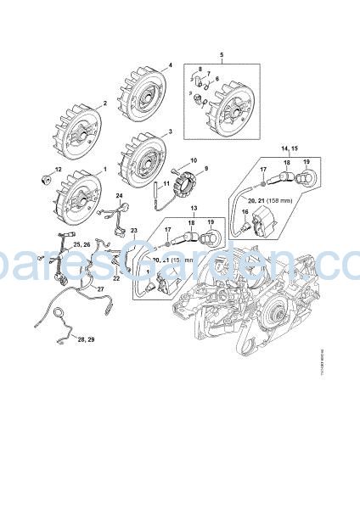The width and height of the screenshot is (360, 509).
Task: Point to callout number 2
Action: pyautogui.click(x=104, y=104)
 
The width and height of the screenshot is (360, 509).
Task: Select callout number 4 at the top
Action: pyautogui.click(x=170, y=65)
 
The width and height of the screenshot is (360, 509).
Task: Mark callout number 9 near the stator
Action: pyautogui.click(x=204, y=169)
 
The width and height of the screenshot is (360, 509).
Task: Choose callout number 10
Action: pyautogui.click(x=194, y=159)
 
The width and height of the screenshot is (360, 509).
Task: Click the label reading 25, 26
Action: pyautogui.click(x=83, y=244)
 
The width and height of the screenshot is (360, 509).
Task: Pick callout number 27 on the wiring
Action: pyautogui.click(x=99, y=288)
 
